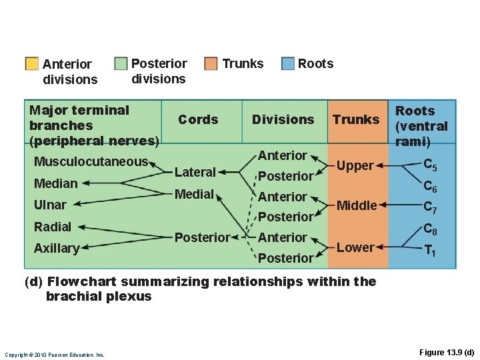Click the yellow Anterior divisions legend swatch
pyautogui.click(x=31, y=64)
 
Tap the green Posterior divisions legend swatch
pyautogui.click(x=121, y=64)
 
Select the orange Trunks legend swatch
pyautogui.click(x=211, y=64)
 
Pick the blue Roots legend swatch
pyautogui.click(x=287, y=64)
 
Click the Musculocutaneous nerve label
pyautogui.click(x=91, y=161)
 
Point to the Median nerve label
pyautogui.click(x=55, y=183)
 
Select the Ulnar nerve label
pyautogui.click(x=50, y=205)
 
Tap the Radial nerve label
pyautogui.click(x=52, y=227)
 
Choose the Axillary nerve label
pyautogui.click(x=56, y=249)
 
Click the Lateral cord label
pyautogui.click(x=195, y=172)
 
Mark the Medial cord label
pyautogui.click(x=194, y=195)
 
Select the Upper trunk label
pyautogui.click(x=355, y=166)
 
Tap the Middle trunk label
pyautogui.click(x=357, y=205)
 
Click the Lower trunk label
pyautogui.click(x=355, y=247)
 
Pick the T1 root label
pyautogui.click(x=431, y=251)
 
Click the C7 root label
pyautogui.click(x=431, y=207)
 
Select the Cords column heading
pyautogui.click(x=198, y=119)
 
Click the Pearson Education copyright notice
pyautogui.click(x=54, y=355)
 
